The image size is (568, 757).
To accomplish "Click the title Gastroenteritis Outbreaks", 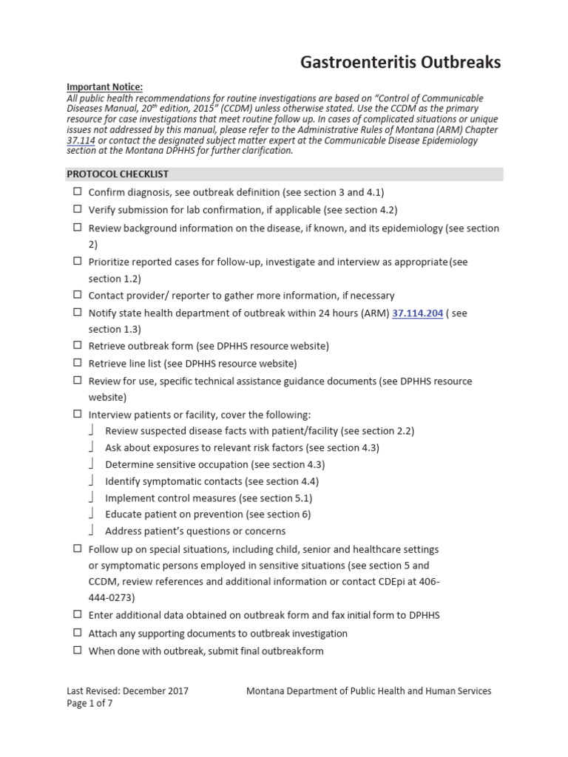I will pos(400,63).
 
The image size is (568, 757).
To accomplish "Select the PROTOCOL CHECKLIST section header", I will pos(118,174).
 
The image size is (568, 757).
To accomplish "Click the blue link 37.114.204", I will pos(417,313).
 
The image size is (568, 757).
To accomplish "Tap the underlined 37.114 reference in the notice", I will pos(81,140).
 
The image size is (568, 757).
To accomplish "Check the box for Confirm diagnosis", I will pos(77,191).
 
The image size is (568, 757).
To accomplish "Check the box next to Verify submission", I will pos(77,209).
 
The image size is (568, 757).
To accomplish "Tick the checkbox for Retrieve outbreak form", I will pos(77,345).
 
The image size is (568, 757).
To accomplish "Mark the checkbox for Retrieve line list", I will pos(77,363).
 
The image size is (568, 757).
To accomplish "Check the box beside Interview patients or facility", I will pos(77,415).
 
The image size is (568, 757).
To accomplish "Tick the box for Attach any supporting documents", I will pos(77,634).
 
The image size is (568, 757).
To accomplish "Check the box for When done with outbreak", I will pos(77,651).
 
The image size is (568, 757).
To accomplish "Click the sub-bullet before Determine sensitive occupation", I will pos(91,464).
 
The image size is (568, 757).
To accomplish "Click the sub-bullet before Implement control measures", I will pos(91,498).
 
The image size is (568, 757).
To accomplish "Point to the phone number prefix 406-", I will pos(429,582).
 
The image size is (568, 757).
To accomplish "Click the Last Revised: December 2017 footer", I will pos(127,691).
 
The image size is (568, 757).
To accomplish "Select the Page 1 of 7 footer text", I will pos(89,704).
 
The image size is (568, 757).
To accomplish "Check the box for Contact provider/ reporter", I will pos(77,295).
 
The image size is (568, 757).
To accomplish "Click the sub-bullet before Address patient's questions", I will pos(91,531).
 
